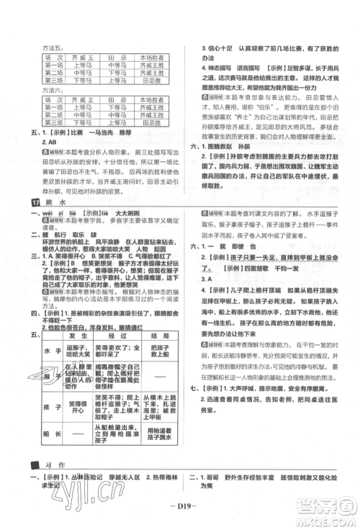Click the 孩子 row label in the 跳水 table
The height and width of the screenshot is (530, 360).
37,404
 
